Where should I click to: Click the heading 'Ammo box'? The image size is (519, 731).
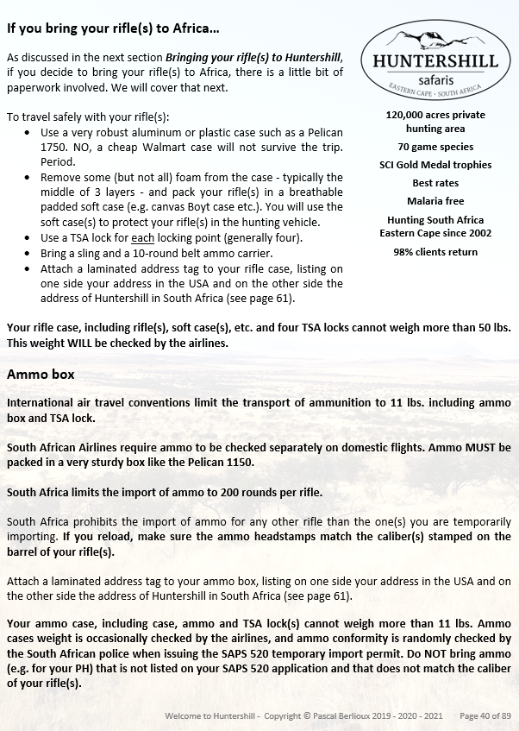[41, 375]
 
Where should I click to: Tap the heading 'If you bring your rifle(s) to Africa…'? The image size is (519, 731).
[113, 28]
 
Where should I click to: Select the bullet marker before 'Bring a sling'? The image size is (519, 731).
[30, 253]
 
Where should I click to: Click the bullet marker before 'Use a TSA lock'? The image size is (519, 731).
[30, 237]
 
